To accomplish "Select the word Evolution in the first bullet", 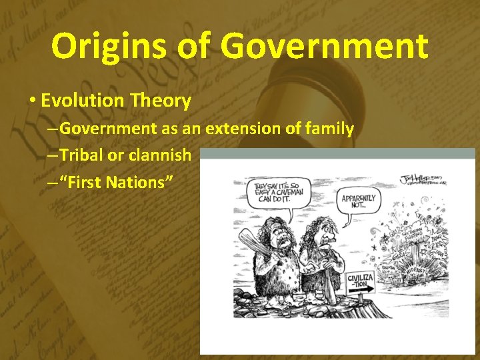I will point(85,101).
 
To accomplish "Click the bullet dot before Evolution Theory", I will point(31,101).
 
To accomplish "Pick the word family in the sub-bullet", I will point(329,128).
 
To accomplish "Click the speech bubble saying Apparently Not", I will point(359,201).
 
